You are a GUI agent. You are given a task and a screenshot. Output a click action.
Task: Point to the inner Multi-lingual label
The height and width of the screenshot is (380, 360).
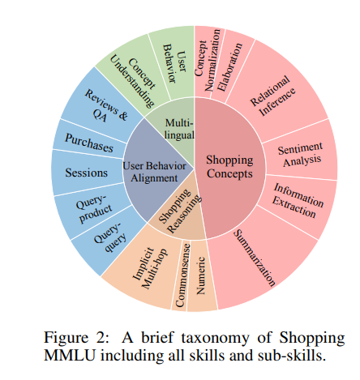click(x=176, y=126)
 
